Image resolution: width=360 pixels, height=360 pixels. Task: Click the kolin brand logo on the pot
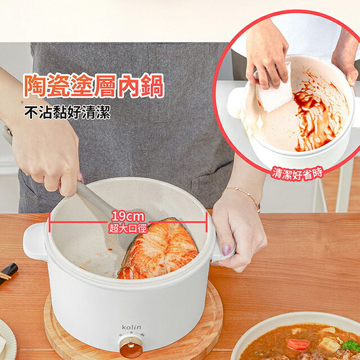(132, 327)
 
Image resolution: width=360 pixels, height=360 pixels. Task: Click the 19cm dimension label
(128, 217)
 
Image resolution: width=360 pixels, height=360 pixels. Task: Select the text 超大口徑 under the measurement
(128, 228)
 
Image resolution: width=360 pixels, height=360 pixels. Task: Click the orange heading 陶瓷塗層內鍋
(94, 85)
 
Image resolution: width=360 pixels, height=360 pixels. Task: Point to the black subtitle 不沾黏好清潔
(67, 112)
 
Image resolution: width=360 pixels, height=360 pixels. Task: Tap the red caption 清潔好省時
(298, 174)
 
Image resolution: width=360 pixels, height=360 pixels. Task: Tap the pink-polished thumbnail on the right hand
(227, 250)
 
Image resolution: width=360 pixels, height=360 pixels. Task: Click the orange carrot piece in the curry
(299, 344)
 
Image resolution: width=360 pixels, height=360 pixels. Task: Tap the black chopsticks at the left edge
(8, 273)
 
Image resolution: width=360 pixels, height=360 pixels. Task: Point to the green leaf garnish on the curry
(350, 345)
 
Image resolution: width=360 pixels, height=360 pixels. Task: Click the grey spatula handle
(96, 200)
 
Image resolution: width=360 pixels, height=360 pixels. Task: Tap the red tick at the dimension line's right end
(206, 222)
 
